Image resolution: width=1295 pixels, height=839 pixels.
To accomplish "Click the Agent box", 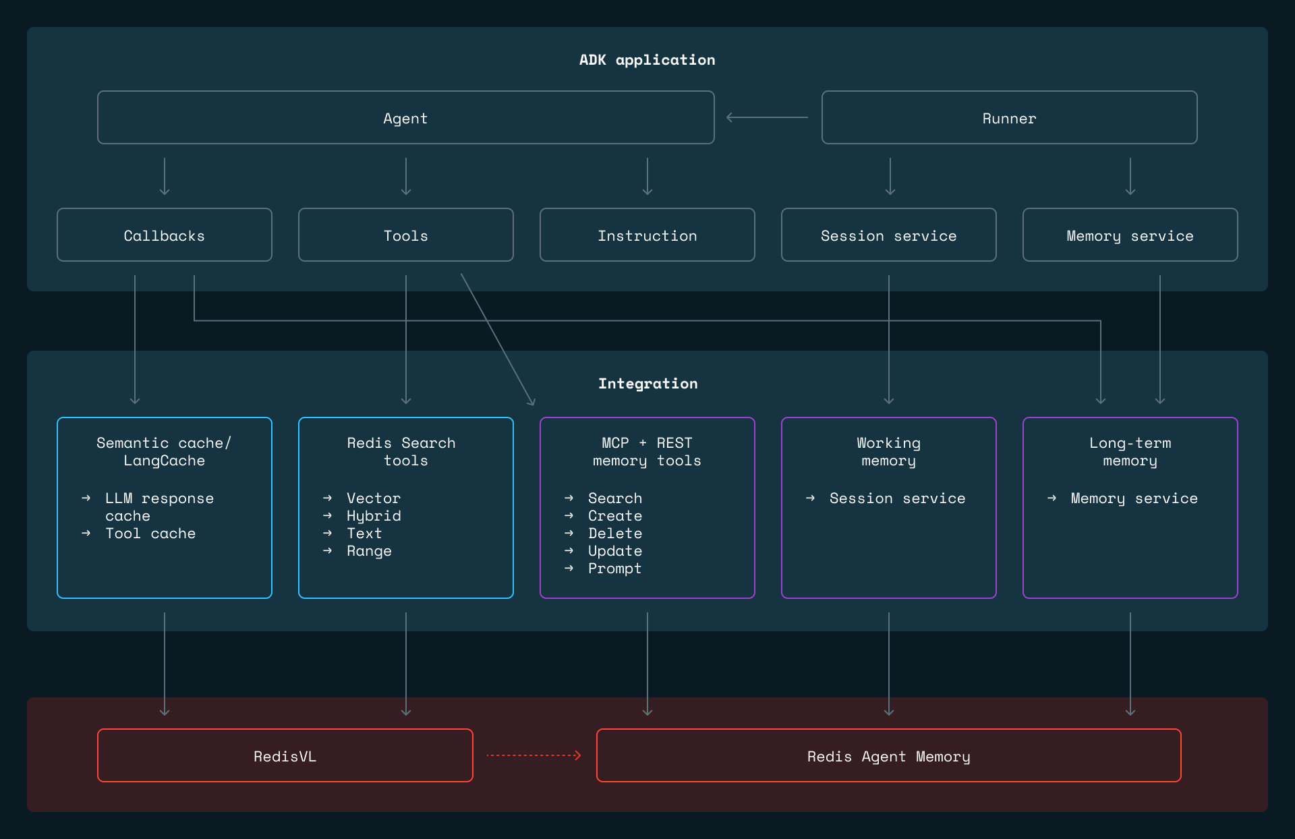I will coord(405,118).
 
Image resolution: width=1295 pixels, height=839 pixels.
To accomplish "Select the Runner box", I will coord(1009,118).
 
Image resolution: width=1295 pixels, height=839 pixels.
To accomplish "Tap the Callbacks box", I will coord(164,235).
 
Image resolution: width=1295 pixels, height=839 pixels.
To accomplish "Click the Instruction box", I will coord(647,235).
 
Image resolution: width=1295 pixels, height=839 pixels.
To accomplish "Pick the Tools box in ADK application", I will coord(405,235).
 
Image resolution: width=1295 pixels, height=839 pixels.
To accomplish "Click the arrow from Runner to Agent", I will coord(767,117).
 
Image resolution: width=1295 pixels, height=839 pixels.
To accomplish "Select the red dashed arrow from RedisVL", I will coord(534,755).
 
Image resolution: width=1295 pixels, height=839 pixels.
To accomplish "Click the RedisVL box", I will coord(285,756).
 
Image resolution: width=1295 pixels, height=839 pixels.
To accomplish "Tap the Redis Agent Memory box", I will coord(888,756).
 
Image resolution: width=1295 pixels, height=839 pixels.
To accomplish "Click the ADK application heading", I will coord(647,60).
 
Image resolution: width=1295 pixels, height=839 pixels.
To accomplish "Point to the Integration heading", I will coord(647,384).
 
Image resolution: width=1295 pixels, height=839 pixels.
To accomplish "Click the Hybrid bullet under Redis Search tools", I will coord(374,516).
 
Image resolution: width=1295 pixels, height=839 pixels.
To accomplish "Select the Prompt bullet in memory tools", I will coord(614,569).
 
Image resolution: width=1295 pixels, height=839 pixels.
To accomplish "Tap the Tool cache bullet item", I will coord(150,533).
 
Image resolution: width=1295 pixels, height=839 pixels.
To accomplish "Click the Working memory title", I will coord(888,452).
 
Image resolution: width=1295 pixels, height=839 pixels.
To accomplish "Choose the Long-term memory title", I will coord(1130,452).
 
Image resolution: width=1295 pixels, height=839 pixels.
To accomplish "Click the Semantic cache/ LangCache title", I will coord(164,452).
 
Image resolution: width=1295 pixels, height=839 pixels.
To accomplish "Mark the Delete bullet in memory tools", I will coord(614,533).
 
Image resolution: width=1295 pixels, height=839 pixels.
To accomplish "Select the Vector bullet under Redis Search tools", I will coord(373,498).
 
